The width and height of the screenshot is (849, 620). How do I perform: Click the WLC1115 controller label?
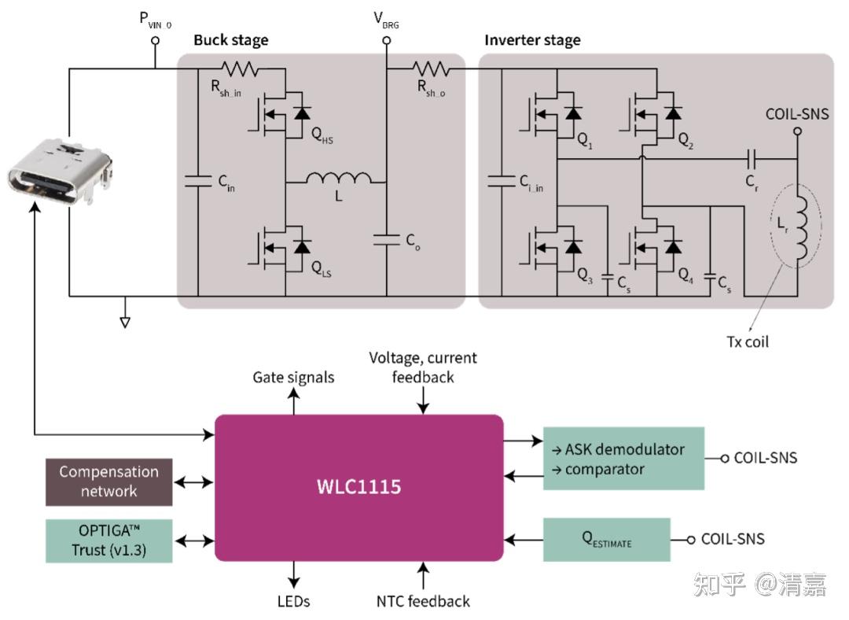point(359,486)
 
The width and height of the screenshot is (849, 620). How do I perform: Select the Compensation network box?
point(108,482)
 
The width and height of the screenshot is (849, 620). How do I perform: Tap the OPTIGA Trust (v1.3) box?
point(108,541)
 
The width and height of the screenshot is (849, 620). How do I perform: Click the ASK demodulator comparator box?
point(623,459)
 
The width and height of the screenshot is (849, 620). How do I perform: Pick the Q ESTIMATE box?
point(606,539)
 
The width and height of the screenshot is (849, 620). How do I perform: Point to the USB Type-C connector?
point(60,172)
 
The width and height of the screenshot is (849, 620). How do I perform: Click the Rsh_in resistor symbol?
point(239,68)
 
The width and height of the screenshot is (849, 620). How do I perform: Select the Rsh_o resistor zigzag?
point(431,68)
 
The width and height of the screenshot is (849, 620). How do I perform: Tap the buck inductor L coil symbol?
point(338,178)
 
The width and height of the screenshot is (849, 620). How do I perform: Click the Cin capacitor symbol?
point(197,181)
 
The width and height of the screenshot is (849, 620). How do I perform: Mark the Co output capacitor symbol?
point(387,239)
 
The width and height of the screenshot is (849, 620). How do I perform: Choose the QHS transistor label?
point(322,135)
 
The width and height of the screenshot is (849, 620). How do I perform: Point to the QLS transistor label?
point(322,269)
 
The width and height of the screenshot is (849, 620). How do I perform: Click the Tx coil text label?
point(748,342)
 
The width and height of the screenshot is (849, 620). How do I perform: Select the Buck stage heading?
point(230,40)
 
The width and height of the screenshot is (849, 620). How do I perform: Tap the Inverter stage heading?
point(532,40)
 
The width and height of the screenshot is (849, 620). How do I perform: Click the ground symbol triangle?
point(125,323)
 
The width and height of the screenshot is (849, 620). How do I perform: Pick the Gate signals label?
point(293,377)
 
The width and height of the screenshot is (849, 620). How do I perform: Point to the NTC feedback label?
point(423,601)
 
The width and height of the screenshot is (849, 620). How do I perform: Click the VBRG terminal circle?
point(387,40)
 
